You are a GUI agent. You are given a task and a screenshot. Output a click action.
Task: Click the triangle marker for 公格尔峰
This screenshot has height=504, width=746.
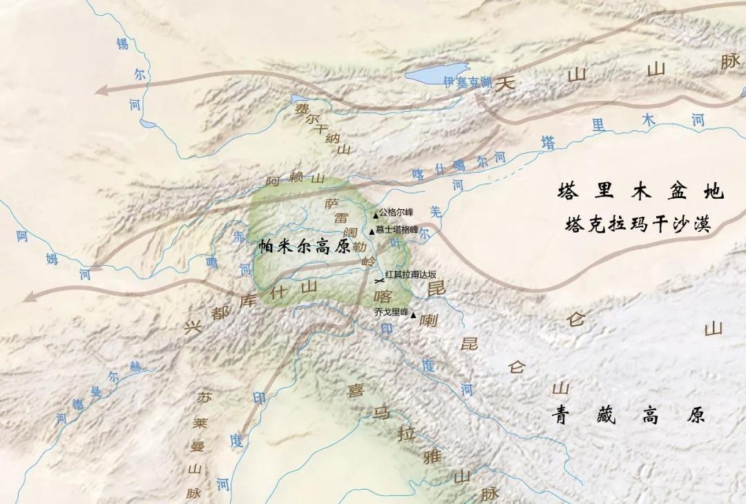click(x=375, y=215)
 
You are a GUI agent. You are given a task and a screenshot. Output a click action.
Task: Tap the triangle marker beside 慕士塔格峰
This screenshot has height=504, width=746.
click(x=372, y=231)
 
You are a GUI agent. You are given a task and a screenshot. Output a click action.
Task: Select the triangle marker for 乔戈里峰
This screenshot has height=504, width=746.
click(x=413, y=316)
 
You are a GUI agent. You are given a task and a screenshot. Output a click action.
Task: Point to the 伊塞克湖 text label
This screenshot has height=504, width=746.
click(x=468, y=82)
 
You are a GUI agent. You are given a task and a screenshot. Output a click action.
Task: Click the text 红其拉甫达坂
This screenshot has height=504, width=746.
click(x=410, y=274)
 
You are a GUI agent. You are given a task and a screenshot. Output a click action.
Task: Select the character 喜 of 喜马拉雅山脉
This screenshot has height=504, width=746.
click(x=355, y=391)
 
